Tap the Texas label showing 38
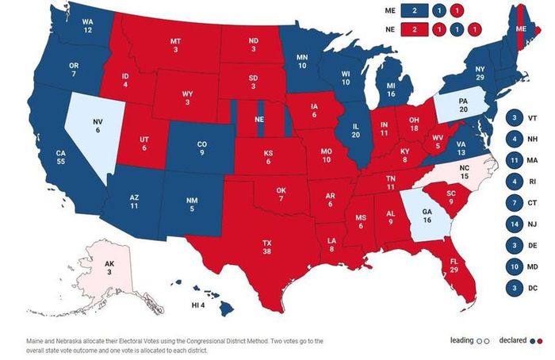click(267, 247)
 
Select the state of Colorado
click(201, 148)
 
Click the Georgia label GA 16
click(427, 216)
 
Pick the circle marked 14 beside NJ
click(515, 224)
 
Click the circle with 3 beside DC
click(515, 288)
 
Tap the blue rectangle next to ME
click(415, 10)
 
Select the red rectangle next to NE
click(415, 29)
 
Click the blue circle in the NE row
click(457, 29)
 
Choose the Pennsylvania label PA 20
click(463, 105)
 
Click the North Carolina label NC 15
click(465, 172)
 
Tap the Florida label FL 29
click(454, 266)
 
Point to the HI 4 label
click(198, 305)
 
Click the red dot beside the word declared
click(540, 341)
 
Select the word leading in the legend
click(461, 340)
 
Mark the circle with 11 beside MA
click(515, 160)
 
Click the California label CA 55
click(60, 157)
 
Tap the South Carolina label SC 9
click(451, 197)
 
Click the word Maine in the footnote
click(35, 341)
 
